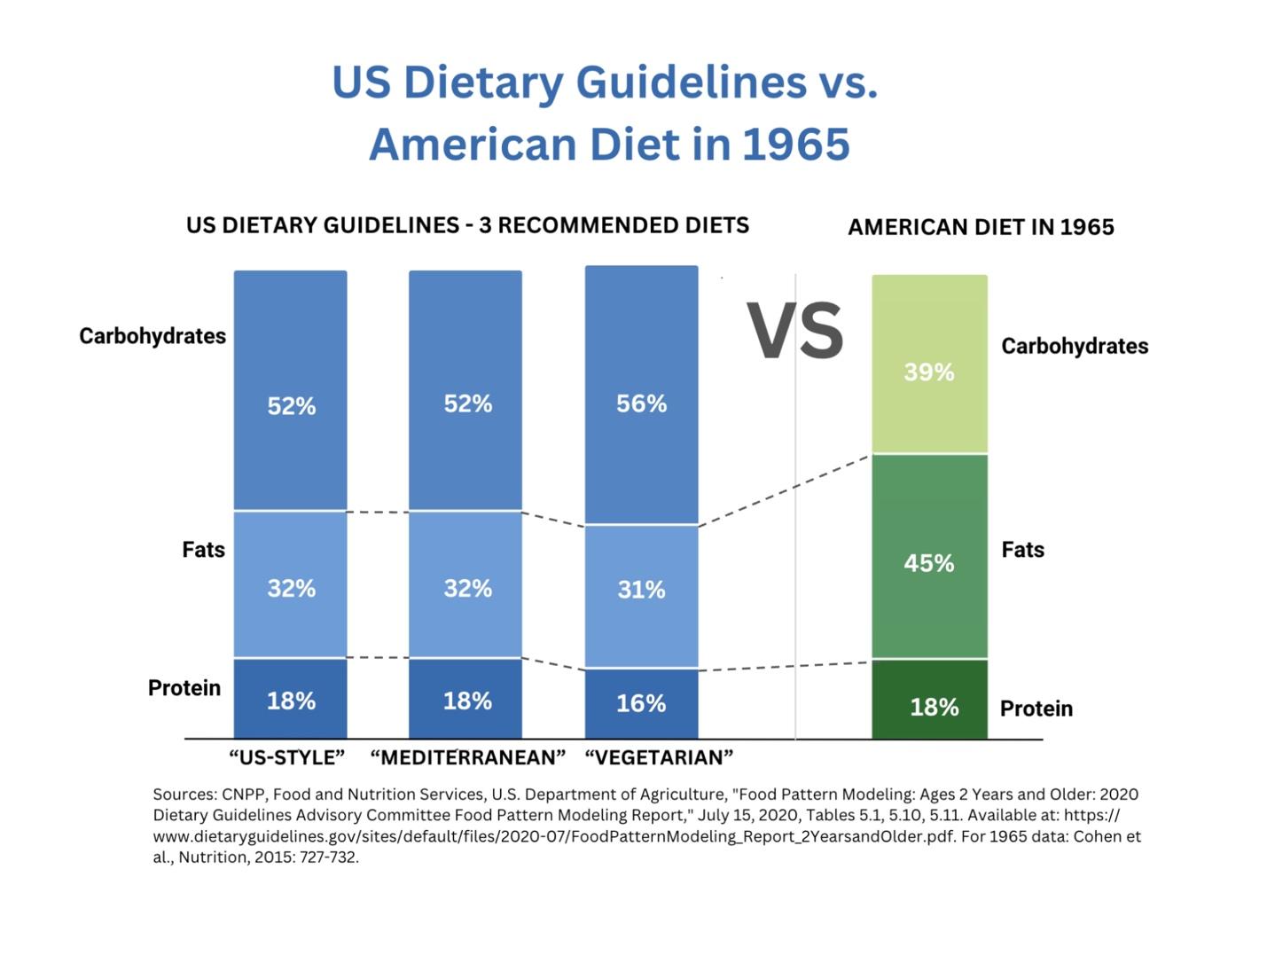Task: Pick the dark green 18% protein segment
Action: [x=929, y=700]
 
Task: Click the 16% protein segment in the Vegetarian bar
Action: [x=641, y=703]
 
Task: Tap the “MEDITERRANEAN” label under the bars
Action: [x=467, y=757]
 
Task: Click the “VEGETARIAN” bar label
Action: [x=659, y=757]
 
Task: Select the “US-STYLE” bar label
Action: [x=286, y=757]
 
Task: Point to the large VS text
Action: [x=794, y=331]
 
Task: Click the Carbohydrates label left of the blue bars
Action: [x=153, y=336]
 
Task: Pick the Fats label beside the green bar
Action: [x=1022, y=550]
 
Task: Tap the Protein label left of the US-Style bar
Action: [x=184, y=688]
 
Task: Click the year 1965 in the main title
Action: [x=796, y=145]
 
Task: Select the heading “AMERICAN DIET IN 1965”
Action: [x=981, y=227]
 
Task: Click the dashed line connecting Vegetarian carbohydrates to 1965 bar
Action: [x=784, y=491]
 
